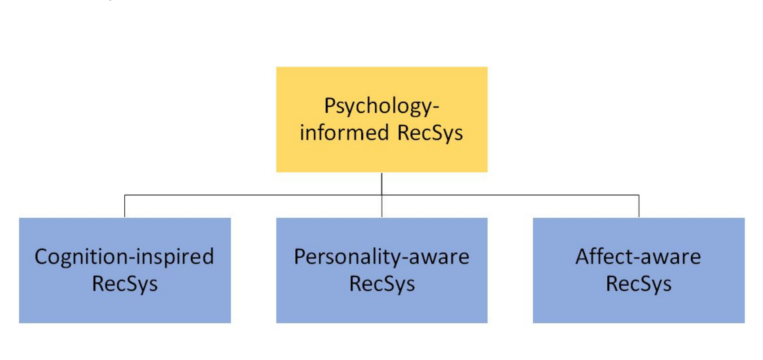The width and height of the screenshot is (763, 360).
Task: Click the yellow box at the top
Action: (381, 119)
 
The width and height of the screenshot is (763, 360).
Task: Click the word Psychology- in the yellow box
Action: (381, 107)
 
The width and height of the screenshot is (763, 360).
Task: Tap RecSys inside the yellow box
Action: (430, 133)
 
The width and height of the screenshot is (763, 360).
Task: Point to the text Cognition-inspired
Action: (124, 257)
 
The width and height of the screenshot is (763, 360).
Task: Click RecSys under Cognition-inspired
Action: (125, 284)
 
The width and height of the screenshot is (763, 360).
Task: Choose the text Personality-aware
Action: (381, 258)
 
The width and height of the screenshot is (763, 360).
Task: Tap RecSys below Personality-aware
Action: (382, 284)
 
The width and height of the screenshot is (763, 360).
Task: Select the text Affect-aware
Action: (638, 257)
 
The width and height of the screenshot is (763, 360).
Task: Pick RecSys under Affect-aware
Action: (639, 284)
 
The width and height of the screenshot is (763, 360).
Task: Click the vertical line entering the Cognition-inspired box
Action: (125, 206)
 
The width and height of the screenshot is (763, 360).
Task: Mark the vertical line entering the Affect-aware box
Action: (639, 206)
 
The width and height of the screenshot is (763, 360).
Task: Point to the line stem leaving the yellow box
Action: (382, 184)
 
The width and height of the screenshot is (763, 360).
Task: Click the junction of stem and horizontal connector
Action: (382, 195)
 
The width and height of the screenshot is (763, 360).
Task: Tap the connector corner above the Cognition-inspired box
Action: (125, 195)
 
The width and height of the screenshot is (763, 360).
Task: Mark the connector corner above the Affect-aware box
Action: (639, 195)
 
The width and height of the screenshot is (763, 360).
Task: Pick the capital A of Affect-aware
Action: (583, 257)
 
